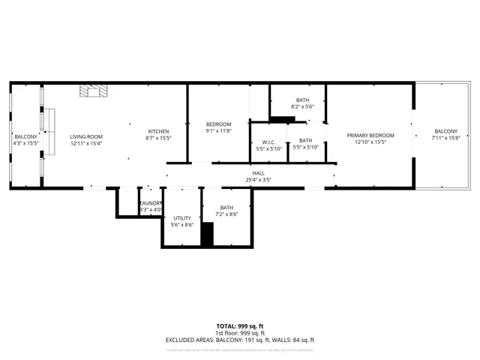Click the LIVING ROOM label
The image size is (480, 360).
[x=85, y=136]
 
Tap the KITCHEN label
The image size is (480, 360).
[x=158, y=131]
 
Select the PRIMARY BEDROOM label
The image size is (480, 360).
[x=370, y=136]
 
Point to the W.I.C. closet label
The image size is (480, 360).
[x=268, y=142]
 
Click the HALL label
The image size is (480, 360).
[x=258, y=173]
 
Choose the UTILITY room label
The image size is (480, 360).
[x=182, y=218]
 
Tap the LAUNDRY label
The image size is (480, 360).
[x=150, y=203]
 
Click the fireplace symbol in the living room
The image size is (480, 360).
[x=94, y=91]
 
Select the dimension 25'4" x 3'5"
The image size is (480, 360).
[x=258, y=180]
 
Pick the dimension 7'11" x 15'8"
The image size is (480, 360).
[x=445, y=138]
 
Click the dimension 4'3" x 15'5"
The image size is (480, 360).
[x=25, y=142]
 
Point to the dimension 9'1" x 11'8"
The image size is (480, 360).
[x=218, y=131]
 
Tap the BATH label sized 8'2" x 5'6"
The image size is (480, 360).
[x=302, y=100]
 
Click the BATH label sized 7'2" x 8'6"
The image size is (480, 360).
[x=226, y=208]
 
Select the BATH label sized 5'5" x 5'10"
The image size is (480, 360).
[x=305, y=140]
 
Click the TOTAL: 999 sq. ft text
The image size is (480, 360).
[x=239, y=325]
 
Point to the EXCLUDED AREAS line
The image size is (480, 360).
[x=239, y=340]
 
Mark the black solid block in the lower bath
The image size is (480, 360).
[x=208, y=234]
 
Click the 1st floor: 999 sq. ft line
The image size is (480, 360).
[x=239, y=333]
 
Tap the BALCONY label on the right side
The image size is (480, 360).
[x=445, y=131]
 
